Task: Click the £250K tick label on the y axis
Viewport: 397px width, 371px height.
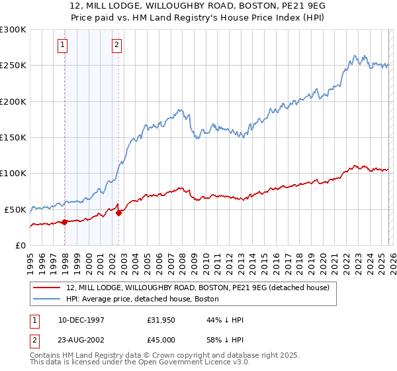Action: tap(13, 66)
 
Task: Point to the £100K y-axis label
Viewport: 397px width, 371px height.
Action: tap(13, 174)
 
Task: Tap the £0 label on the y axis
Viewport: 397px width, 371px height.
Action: tap(21, 245)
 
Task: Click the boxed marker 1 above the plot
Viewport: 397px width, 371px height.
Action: tap(62, 45)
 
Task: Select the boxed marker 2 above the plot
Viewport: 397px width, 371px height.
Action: tap(116, 45)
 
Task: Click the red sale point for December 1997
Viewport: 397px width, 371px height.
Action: tap(64, 222)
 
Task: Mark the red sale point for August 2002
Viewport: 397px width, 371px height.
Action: tap(119, 213)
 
